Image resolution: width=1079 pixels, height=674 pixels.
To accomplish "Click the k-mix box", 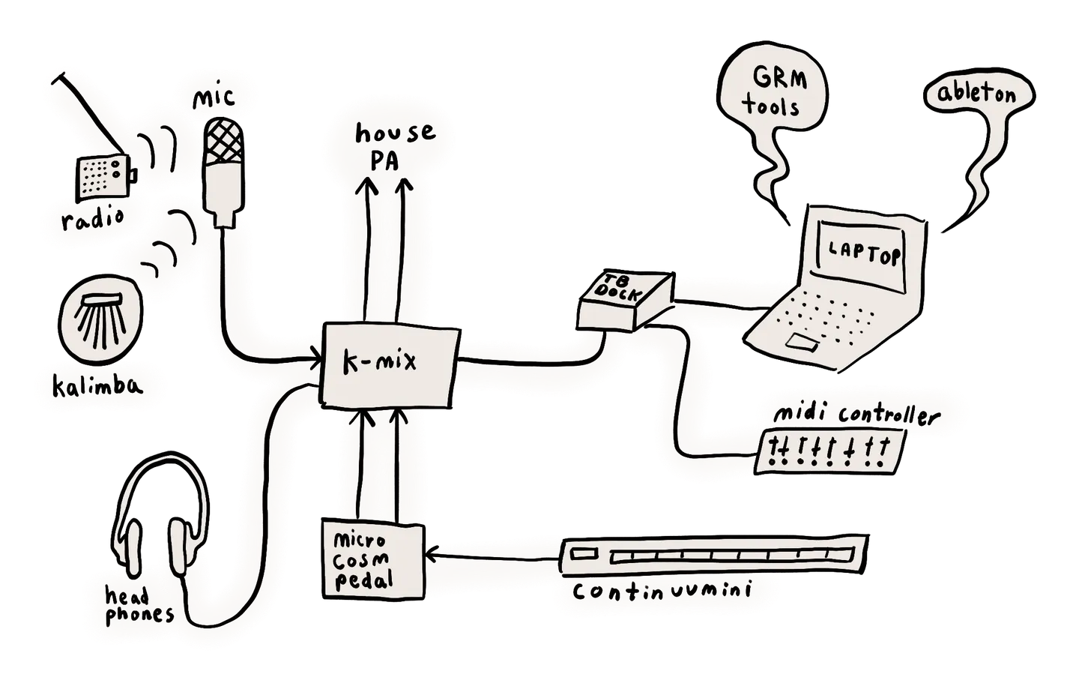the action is [390, 367].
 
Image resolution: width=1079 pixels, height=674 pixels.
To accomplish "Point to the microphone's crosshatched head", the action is [223, 142].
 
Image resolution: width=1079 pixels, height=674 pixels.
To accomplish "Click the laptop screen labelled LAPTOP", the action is [862, 256].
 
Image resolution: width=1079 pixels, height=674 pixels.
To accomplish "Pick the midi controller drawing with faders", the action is [829, 451].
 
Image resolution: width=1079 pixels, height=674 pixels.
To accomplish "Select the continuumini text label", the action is [662, 591].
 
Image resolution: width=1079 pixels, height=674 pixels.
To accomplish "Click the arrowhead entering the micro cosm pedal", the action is [432, 555].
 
